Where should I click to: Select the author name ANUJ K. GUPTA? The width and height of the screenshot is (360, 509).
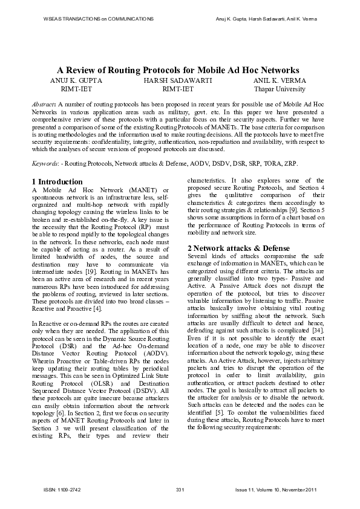coord(77,80)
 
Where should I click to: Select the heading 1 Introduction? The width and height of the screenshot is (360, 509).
coord(57,181)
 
